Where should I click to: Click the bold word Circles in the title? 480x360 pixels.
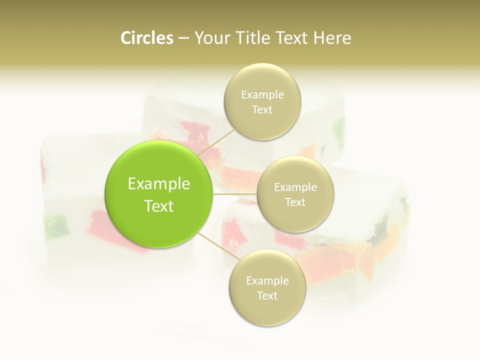coord(146,38)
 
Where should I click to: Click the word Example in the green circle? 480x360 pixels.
coord(159,184)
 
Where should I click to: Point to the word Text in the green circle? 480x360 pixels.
coord(159,206)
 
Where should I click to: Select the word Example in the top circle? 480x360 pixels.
coord(262,94)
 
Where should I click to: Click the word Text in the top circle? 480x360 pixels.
coord(262,110)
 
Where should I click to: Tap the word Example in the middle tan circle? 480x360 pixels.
coord(295,187)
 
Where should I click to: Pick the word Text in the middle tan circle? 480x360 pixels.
coord(295,202)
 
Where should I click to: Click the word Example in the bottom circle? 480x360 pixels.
coord(267,280)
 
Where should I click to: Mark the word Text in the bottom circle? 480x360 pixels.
coord(267,295)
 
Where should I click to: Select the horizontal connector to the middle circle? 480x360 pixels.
coord(234,193)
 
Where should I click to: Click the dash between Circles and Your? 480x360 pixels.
coord(183,38)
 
